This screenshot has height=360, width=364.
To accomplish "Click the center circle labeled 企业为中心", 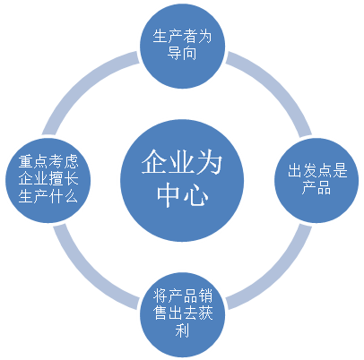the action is [x=182, y=180].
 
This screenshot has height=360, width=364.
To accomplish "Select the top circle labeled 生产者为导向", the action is [x=182, y=46].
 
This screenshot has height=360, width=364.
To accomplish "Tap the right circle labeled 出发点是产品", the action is [x=316, y=180].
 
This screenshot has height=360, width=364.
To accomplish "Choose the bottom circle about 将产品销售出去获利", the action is [x=182, y=314].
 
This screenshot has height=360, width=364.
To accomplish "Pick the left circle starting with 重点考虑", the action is [x=48, y=180].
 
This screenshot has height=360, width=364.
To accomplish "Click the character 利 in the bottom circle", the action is [x=182, y=330].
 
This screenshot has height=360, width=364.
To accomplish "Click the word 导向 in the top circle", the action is [x=182, y=53].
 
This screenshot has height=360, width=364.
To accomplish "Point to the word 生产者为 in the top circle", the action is [x=182, y=37].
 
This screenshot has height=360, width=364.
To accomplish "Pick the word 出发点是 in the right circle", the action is [x=317, y=171].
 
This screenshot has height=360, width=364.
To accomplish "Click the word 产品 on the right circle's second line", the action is [x=316, y=188].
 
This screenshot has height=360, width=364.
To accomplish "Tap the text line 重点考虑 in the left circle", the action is [x=48, y=161].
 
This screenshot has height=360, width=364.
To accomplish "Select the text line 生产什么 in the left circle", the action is [x=48, y=197].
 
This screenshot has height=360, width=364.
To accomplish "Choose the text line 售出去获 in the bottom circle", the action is [x=182, y=313].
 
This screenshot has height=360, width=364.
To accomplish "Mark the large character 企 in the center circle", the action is [x=154, y=162].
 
